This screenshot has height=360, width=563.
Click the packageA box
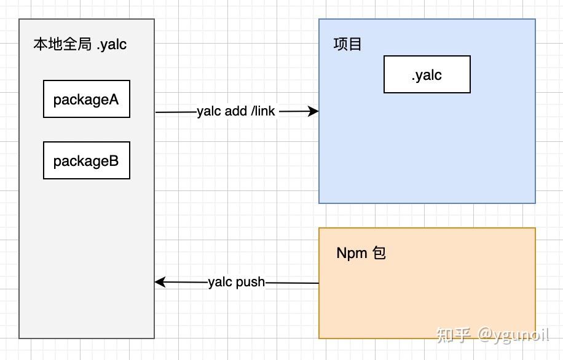click(x=86, y=99)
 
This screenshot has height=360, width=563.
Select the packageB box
click(x=86, y=161)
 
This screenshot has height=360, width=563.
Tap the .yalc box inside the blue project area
click(x=427, y=75)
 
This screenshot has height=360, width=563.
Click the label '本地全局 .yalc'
click(x=80, y=45)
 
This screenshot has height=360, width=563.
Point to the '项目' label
click(x=347, y=45)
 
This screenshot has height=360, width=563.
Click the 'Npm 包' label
click(x=361, y=253)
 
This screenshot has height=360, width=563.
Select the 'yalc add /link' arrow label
click(x=236, y=111)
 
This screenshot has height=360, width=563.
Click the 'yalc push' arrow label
click(x=236, y=282)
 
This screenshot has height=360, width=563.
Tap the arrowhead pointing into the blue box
click(x=313, y=111)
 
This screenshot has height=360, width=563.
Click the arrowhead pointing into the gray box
click(x=160, y=282)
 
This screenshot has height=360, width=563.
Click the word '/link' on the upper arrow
click(x=262, y=111)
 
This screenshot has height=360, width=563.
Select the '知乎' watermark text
click(x=454, y=335)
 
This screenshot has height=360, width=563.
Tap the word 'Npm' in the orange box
click(x=352, y=253)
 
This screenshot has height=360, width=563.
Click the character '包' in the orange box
click(x=379, y=253)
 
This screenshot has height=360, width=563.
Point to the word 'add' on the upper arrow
click(x=236, y=111)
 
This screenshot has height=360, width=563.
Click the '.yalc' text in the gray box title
click(x=111, y=45)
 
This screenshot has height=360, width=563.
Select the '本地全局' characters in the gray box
click(x=62, y=45)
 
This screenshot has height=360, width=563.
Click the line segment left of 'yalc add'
click(x=176, y=112)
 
